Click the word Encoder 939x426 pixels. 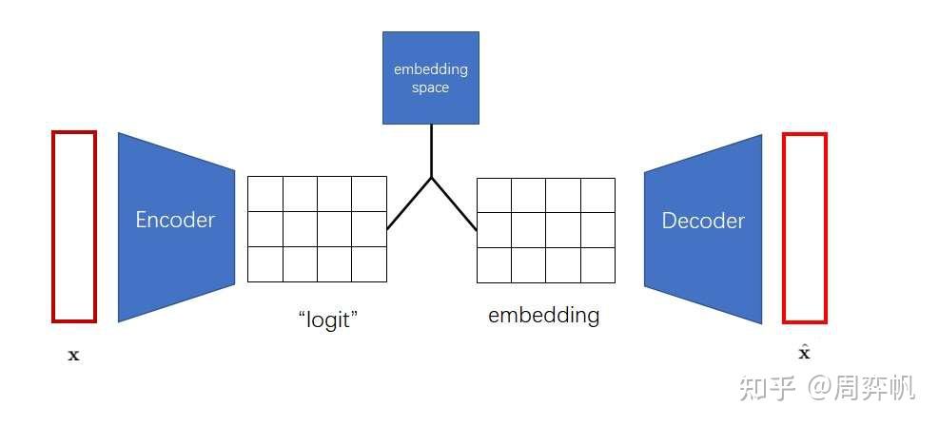[175, 220]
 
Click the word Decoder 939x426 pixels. [703, 221]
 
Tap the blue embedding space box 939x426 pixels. [430, 78]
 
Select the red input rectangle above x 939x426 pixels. [74, 226]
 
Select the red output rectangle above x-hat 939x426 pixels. [804, 228]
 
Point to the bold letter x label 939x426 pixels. [74, 356]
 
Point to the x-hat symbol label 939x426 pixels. [804, 353]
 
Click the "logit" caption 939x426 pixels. [326, 318]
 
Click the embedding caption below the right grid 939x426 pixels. [543, 315]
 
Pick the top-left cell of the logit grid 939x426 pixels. [265, 194]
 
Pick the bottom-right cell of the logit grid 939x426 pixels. [369, 263]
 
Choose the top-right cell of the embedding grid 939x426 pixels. [598, 194]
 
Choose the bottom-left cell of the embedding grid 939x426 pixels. [494, 264]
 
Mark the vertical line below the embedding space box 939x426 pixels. [432, 150]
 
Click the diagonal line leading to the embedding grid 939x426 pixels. [454, 203]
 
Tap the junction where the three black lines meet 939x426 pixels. [432, 178]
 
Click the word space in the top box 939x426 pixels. [430, 87]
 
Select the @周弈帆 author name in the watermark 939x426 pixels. [861, 388]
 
